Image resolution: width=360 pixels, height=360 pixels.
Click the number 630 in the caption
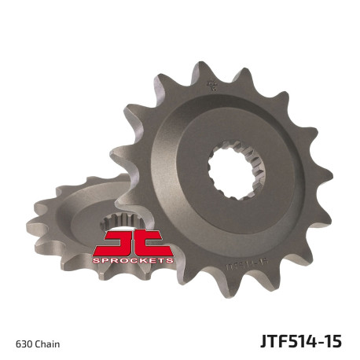click(24, 343)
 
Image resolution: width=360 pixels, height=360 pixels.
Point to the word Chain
click(47, 343)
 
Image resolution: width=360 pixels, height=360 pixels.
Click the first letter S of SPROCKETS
click(96, 259)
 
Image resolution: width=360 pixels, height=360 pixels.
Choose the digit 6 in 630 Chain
click(18, 343)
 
